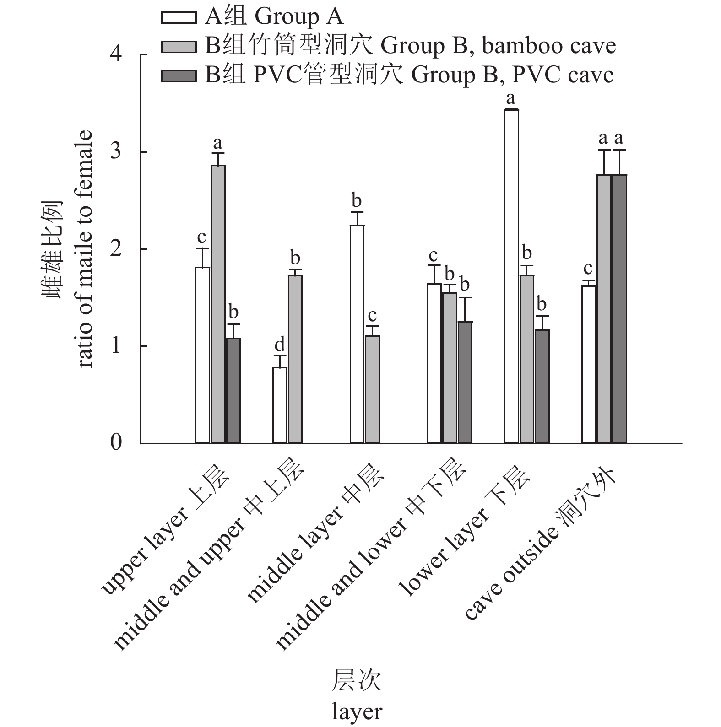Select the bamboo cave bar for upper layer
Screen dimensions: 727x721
pyautogui.click(x=218, y=304)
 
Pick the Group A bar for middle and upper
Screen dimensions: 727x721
pyautogui.click(x=280, y=405)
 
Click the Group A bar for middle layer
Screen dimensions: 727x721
pyautogui.click(x=357, y=334)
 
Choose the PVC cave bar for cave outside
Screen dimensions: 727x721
pyautogui.click(x=619, y=309)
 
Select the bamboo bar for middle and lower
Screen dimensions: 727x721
pyautogui.click(x=450, y=368)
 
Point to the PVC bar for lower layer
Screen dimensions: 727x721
pyautogui.click(x=542, y=386)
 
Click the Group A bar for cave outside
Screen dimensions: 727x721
pyautogui.click(x=588, y=364)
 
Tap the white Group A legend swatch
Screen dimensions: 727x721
pyautogui.click(x=179, y=17)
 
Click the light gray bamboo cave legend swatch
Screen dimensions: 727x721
pyautogui.click(x=179, y=46)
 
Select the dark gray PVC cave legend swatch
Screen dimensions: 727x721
pyautogui.click(x=179, y=75)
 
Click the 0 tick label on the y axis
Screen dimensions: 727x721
pyautogui.click(x=116, y=443)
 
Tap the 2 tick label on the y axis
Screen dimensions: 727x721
pyautogui.click(x=116, y=249)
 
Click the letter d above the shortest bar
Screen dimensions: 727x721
pyautogui.click(x=279, y=344)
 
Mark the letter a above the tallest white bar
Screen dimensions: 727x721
pyautogui.click(x=510, y=98)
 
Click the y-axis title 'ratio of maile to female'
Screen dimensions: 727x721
pyautogui.click(x=86, y=249)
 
